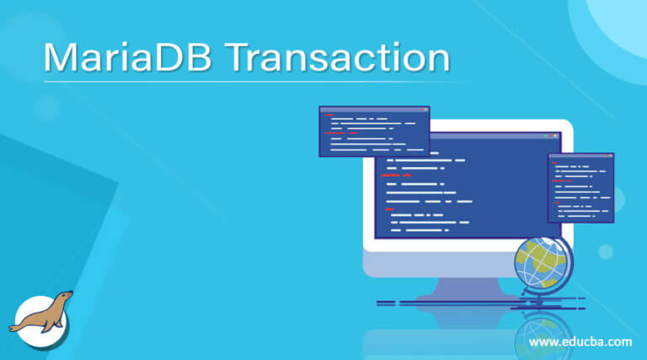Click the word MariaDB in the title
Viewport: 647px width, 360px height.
[x=126, y=57]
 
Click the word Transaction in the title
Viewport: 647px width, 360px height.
[x=338, y=57]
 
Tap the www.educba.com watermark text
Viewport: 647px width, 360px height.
[x=580, y=341]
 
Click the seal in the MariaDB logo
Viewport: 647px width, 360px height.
[x=42, y=313]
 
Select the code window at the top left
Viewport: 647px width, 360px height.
[x=374, y=132]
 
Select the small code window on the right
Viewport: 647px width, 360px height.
[x=580, y=189]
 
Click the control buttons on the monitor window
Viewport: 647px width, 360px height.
[x=552, y=136]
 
